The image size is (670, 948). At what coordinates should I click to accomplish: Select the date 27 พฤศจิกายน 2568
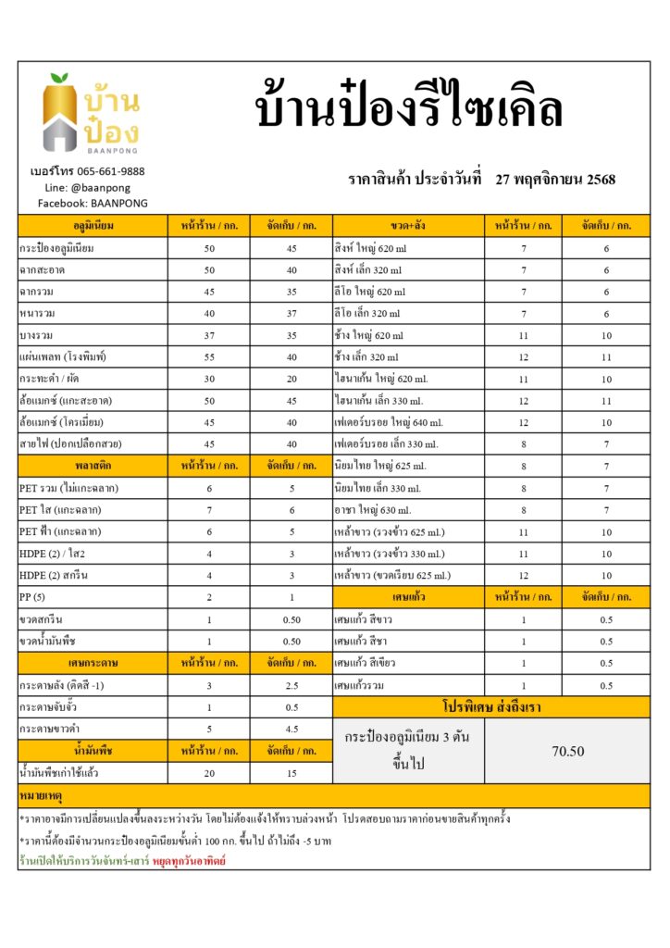click(555, 180)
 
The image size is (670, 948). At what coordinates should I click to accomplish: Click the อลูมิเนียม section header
click(93, 226)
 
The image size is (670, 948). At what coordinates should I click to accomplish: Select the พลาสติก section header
click(93, 466)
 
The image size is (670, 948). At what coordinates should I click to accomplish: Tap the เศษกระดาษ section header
click(93, 663)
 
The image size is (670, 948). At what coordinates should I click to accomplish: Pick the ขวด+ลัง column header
click(408, 226)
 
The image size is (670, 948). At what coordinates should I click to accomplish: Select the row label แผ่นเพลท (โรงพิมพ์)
click(63, 356)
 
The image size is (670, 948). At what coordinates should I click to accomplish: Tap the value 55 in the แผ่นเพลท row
click(209, 356)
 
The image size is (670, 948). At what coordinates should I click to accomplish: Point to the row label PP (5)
click(36, 597)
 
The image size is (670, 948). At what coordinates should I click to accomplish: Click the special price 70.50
click(567, 751)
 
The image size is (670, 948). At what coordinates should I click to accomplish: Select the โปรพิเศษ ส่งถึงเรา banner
click(490, 707)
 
